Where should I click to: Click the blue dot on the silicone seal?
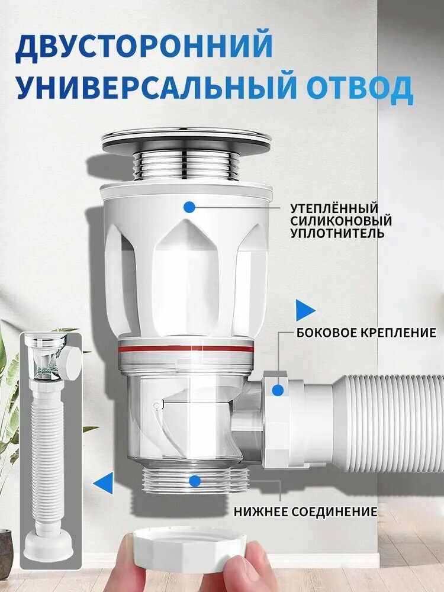pyautogui.click(x=189, y=207)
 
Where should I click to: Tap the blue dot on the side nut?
pyautogui.click(x=278, y=390)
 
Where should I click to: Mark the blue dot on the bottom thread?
pyautogui.click(x=195, y=481)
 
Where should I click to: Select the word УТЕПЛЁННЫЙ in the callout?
pyautogui.click(x=334, y=208)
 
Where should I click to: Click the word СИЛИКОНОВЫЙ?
pyautogui.click(x=341, y=220)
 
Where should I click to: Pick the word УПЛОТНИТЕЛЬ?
pyautogui.click(x=337, y=233)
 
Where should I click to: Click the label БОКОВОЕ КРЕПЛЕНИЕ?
pyautogui.click(x=366, y=333)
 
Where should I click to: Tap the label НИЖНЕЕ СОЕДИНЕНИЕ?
pyautogui.click(x=305, y=511)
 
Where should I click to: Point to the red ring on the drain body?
pyautogui.click(x=185, y=349)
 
